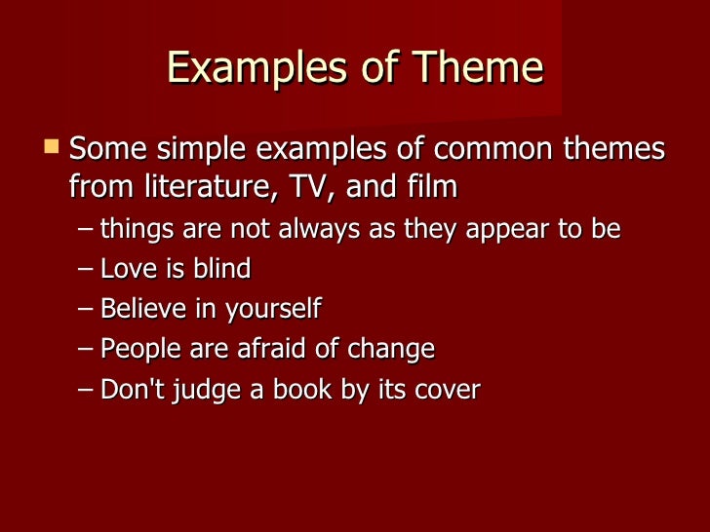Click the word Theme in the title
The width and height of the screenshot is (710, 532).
point(478,69)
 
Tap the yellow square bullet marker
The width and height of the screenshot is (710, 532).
point(52,147)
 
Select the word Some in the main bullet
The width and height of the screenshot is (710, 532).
point(105,150)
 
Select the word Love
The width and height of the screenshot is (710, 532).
point(126,269)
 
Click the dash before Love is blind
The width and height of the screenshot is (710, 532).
point(86,270)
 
